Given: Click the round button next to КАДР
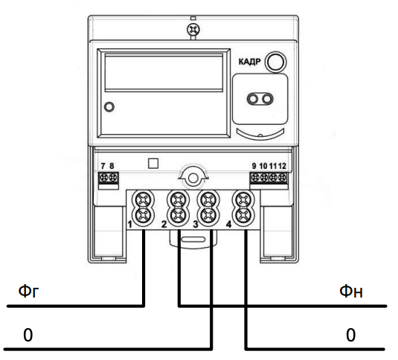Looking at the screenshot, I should pos(277,62).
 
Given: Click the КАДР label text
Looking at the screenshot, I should pos(249,62).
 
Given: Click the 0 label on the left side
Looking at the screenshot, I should pos(28,335).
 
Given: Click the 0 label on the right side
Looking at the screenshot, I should pos(350,335).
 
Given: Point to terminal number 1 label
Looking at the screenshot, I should pos(129,224).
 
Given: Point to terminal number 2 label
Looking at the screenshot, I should pos(164,224).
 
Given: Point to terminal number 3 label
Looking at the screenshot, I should pos(196,224).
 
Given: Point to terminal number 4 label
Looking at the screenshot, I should pos(228,224).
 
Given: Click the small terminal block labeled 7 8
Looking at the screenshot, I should pos(109,179).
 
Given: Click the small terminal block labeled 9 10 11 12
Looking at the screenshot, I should pos(268,179).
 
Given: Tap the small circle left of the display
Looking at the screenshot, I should pos(109,107).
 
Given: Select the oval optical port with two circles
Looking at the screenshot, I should pos(258,99).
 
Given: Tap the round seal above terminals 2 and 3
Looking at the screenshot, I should pos(192,179).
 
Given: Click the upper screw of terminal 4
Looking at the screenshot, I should pos(242,200).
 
